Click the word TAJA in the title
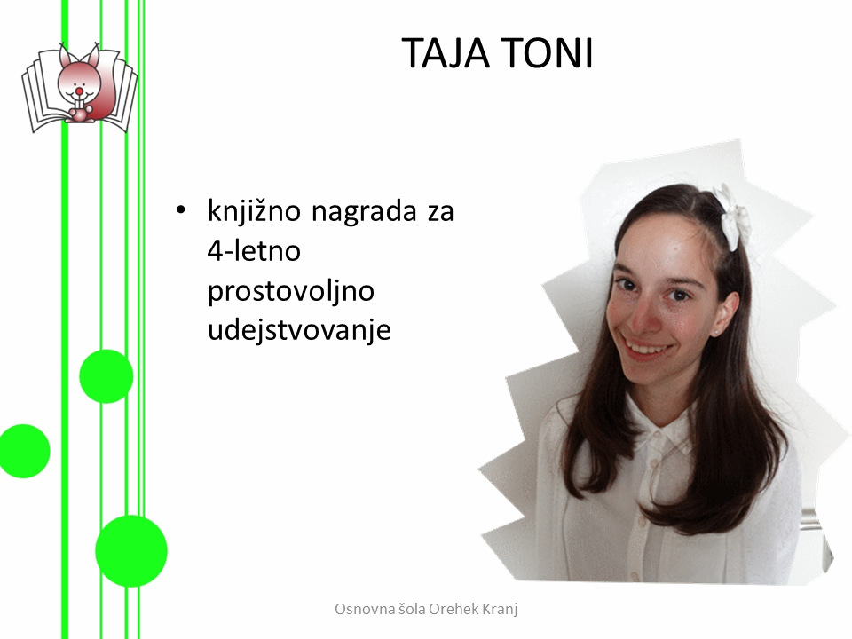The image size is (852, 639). (x=446, y=53)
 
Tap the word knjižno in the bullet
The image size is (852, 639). (x=254, y=212)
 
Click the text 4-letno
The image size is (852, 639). (x=254, y=251)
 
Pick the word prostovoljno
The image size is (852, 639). (x=291, y=291)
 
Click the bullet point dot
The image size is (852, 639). (x=180, y=210)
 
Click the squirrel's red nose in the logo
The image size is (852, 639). (x=79, y=90)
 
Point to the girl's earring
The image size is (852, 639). (x=715, y=332)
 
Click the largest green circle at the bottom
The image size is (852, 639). (x=131, y=551)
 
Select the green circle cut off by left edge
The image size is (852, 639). (x=24, y=451)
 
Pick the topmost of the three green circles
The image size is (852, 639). (x=106, y=376)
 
